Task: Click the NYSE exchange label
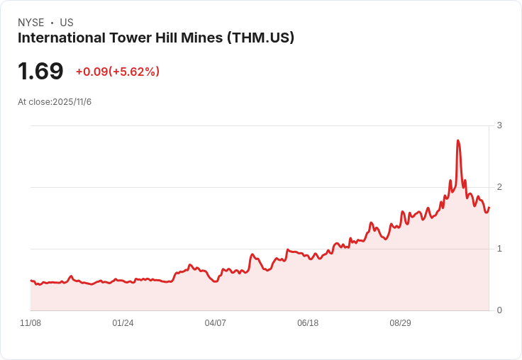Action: pyautogui.click(x=30, y=23)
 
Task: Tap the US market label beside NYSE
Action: pyautogui.click(x=67, y=23)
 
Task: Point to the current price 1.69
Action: pyautogui.click(x=40, y=71)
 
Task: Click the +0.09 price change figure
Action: pyautogui.click(x=91, y=72)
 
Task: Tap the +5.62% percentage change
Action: pyautogui.click(x=134, y=72)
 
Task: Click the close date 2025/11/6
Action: pyautogui.click(x=72, y=102)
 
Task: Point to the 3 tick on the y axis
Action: pyautogui.click(x=499, y=125)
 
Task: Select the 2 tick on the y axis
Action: pyautogui.click(x=499, y=187)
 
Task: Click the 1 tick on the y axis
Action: pyautogui.click(x=499, y=249)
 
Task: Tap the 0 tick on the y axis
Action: pyautogui.click(x=499, y=310)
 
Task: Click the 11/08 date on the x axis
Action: pyautogui.click(x=30, y=323)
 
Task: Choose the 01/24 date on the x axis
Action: pyautogui.click(x=123, y=323)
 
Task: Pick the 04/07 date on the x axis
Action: pyautogui.click(x=216, y=323)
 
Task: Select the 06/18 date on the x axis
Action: pyautogui.click(x=308, y=323)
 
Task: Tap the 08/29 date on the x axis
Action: pyautogui.click(x=401, y=323)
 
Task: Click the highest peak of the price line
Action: pyautogui.click(x=458, y=141)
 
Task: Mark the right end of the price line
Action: pyautogui.click(x=489, y=208)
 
